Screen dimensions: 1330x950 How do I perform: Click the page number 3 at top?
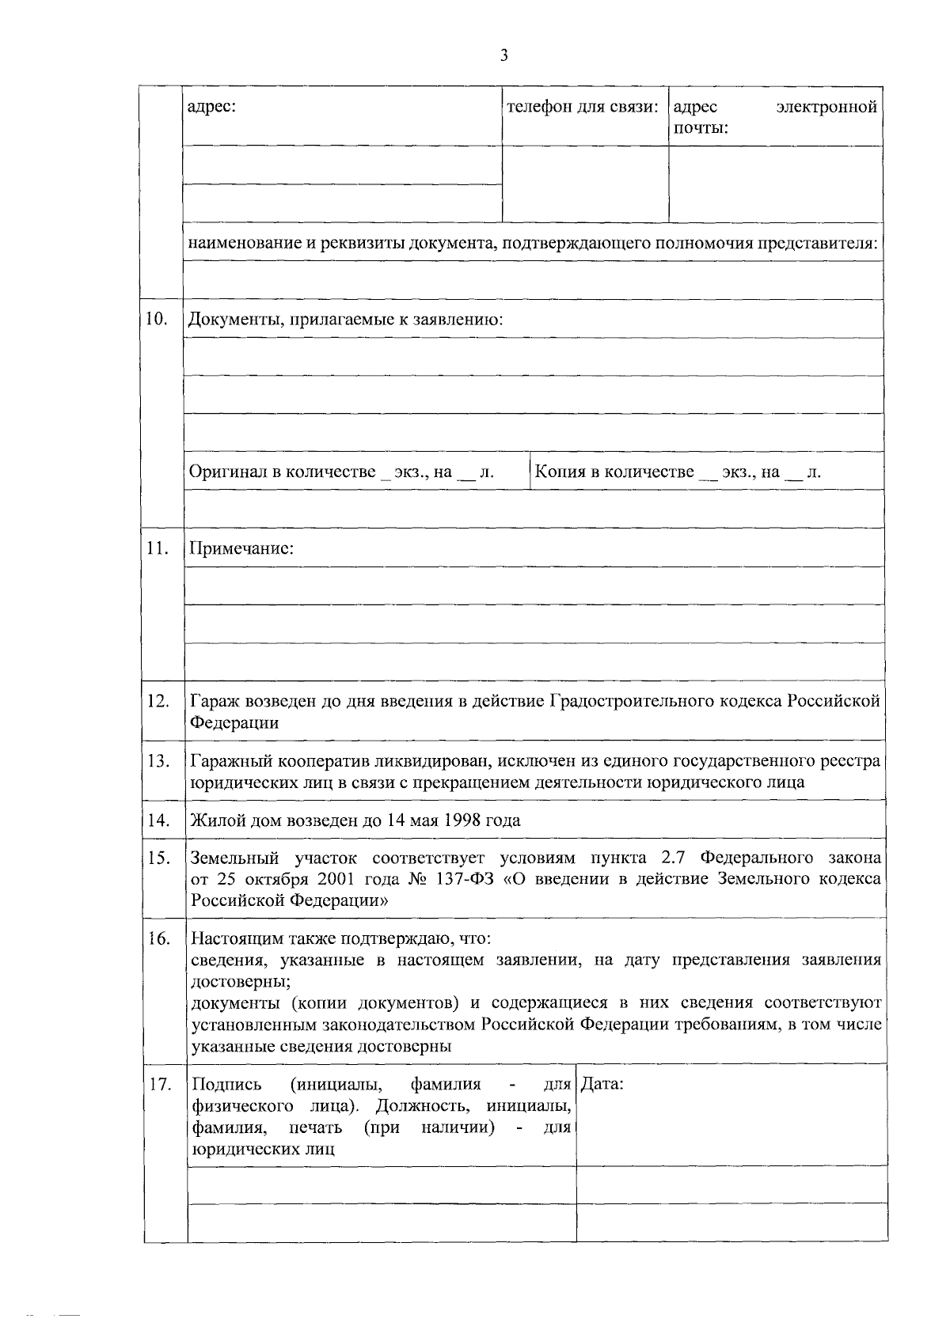pos(503,55)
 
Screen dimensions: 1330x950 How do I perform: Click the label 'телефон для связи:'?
pos(583,107)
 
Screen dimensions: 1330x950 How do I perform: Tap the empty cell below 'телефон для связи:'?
pos(585,184)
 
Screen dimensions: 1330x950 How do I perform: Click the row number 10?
pos(157,319)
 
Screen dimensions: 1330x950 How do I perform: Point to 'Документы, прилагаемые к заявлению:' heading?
pos(346,320)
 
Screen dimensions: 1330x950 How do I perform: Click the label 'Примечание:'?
pos(241,548)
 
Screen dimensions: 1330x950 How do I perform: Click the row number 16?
pos(159,938)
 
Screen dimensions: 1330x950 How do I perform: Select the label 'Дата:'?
pos(602,1084)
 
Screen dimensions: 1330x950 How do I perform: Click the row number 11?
pos(157,548)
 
